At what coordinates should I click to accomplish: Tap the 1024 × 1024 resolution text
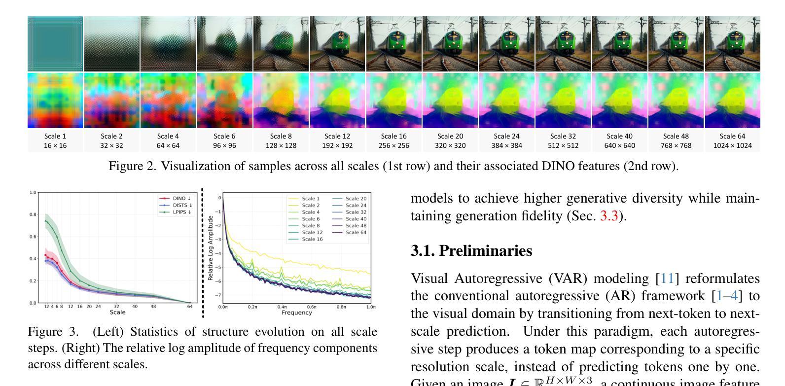(x=733, y=145)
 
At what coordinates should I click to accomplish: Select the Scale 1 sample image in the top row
(x=55, y=44)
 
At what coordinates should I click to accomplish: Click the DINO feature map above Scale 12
(x=337, y=101)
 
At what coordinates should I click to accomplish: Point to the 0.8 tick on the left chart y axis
(x=32, y=214)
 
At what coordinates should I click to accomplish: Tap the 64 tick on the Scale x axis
(x=190, y=307)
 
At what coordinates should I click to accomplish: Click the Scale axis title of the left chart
(x=117, y=312)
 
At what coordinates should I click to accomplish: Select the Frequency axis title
(x=296, y=313)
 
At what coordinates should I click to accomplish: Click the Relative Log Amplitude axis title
(x=211, y=248)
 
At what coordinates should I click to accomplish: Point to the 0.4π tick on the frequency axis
(x=282, y=307)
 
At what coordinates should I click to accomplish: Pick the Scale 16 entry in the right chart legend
(x=312, y=239)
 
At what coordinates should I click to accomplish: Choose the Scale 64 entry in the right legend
(x=356, y=232)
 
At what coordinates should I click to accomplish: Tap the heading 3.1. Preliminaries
(x=471, y=251)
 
